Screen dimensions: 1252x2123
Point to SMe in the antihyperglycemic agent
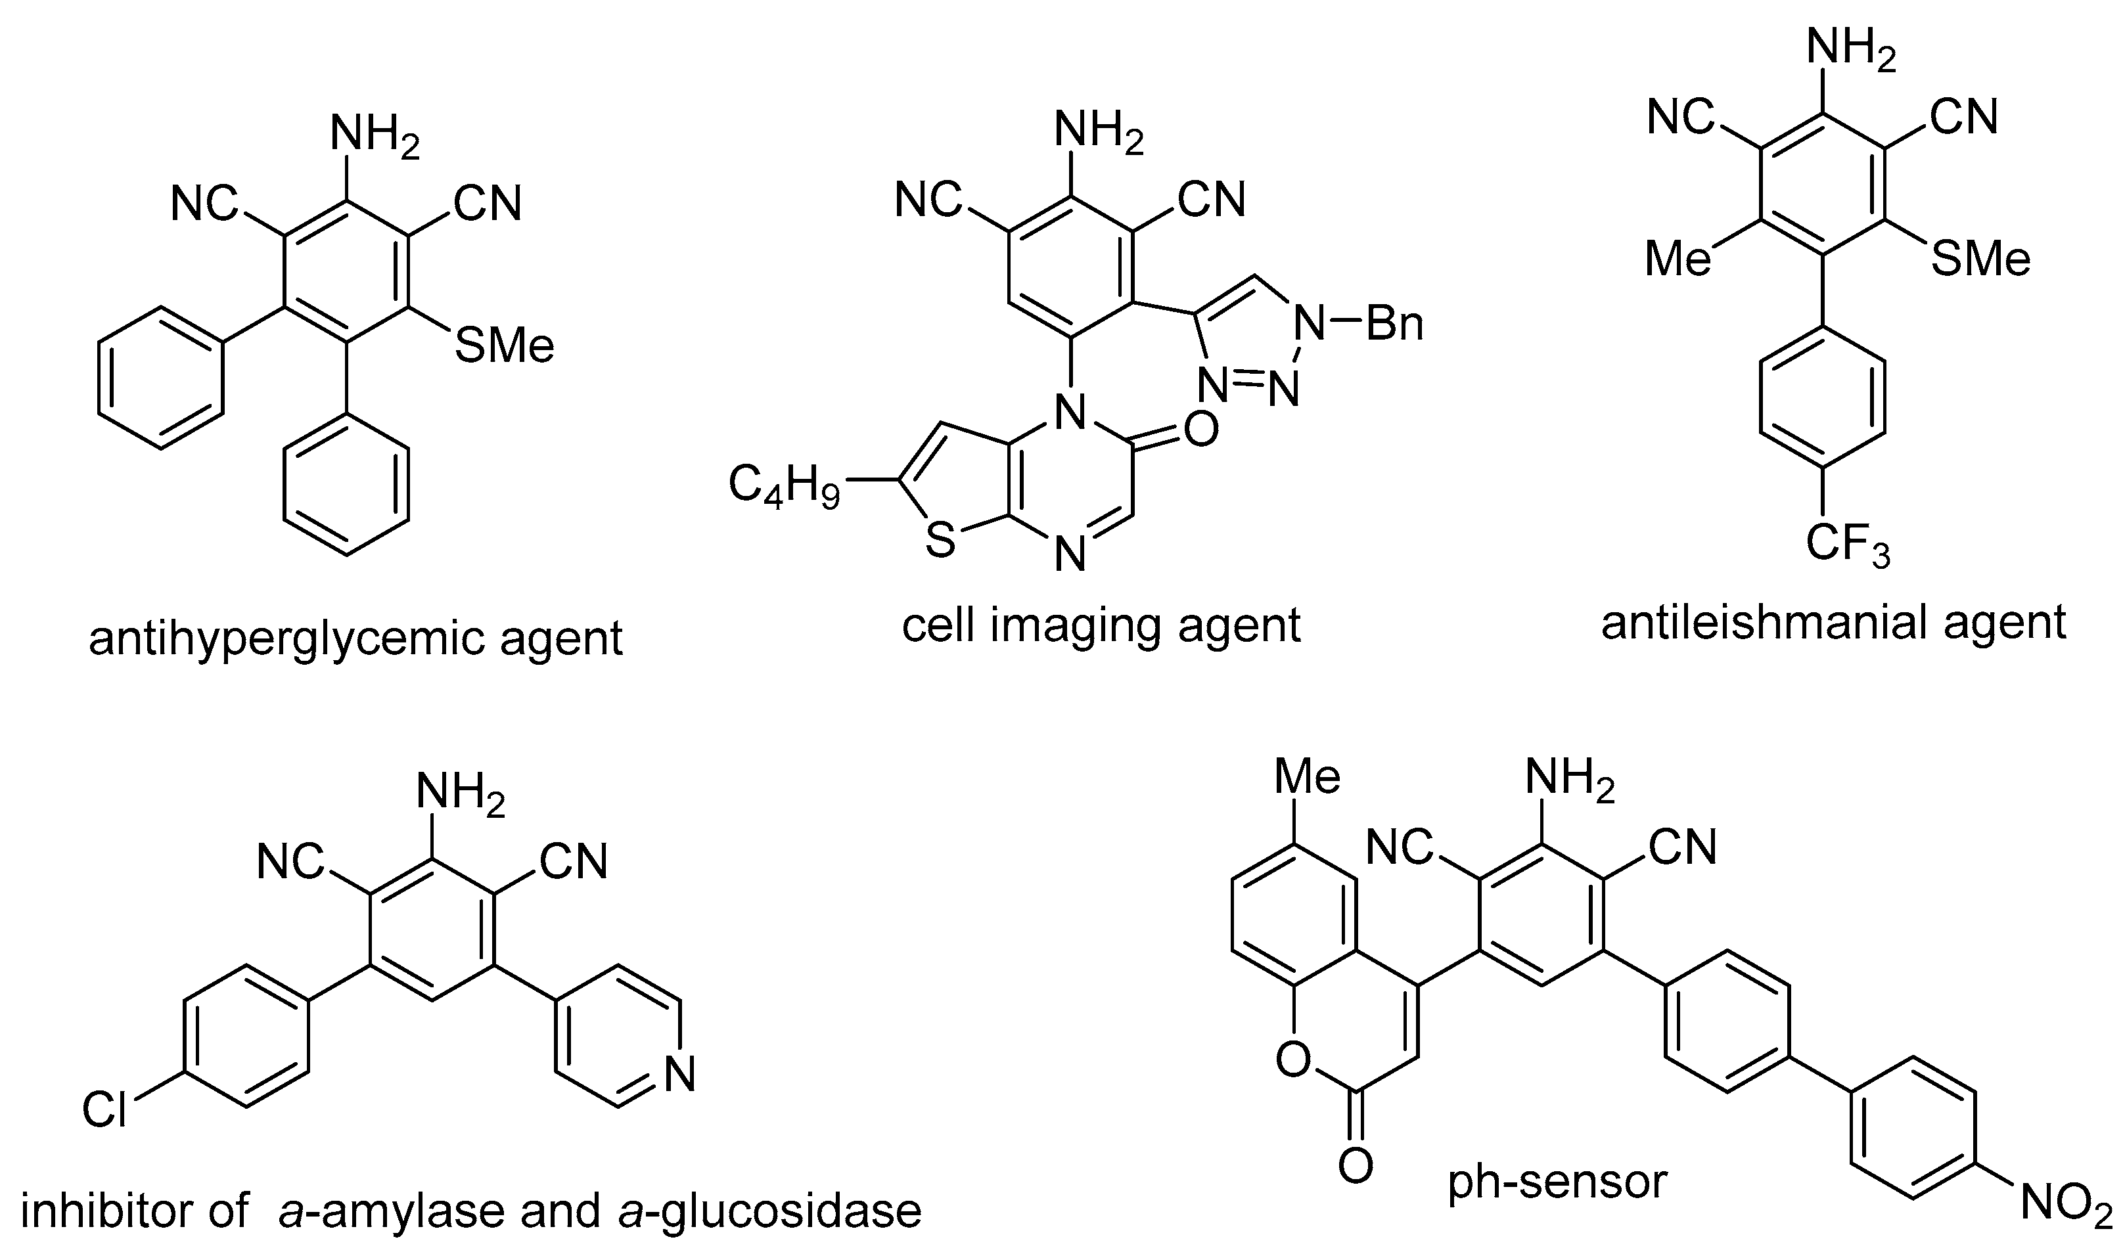[x=505, y=346]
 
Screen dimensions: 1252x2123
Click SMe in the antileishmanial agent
[x=1980, y=258]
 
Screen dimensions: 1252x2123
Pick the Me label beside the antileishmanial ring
[x=1678, y=258]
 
